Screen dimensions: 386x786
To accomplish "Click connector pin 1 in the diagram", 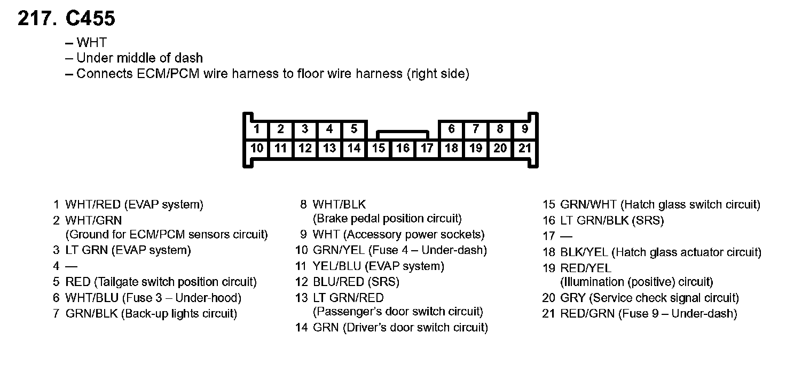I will coord(257,129).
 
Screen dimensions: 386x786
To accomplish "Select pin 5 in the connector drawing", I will coord(354,129).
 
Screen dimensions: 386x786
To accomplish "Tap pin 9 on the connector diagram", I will coord(525,129).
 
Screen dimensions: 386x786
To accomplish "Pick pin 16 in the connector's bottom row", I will coord(403,148).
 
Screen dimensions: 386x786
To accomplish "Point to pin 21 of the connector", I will coord(525,148).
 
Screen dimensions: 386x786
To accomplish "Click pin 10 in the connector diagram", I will coord(257,148).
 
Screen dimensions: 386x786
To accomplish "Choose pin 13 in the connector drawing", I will coord(329,148).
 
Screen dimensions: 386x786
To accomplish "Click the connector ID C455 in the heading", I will coord(90,19).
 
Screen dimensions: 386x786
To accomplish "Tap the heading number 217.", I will coord(37,19).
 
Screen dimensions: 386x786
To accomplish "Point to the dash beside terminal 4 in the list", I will coord(72,266).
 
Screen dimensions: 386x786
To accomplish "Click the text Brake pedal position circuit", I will coord(387,219).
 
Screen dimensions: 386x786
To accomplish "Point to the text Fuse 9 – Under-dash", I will coord(678,314).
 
